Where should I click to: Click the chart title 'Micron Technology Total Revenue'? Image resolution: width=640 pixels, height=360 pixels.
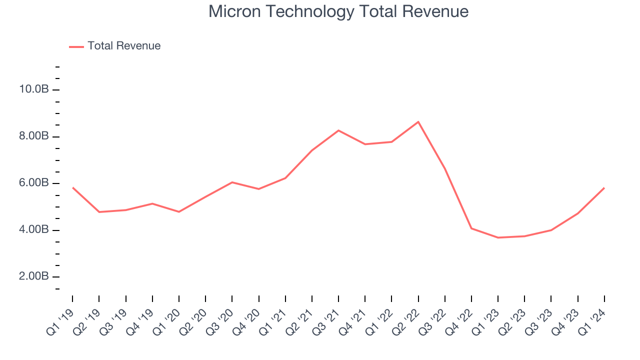click(338, 11)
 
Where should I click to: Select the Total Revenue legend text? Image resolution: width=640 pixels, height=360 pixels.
click(124, 46)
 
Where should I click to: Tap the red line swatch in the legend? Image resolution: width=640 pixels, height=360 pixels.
click(76, 46)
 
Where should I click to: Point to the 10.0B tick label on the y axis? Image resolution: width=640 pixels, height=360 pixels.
click(34, 89)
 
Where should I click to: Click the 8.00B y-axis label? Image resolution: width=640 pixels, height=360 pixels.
click(34, 136)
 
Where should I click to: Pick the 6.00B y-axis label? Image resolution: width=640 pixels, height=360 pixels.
click(34, 183)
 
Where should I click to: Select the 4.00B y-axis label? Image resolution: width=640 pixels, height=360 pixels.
click(34, 230)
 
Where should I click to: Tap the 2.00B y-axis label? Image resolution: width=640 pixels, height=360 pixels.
click(34, 276)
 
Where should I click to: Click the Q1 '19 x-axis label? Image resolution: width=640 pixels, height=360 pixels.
click(61, 320)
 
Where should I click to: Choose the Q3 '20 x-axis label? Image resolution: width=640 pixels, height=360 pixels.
click(220, 320)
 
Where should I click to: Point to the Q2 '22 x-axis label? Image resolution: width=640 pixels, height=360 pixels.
click(406, 320)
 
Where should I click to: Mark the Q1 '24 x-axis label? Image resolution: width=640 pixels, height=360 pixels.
click(592, 320)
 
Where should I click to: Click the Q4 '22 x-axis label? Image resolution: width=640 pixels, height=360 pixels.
click(460, 320)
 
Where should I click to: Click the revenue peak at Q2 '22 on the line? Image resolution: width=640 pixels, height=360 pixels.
click(418, 121)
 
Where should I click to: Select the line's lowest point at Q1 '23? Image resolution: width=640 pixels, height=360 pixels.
click(498, 237)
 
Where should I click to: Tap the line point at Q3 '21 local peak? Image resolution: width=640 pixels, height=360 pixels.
click(338, 130)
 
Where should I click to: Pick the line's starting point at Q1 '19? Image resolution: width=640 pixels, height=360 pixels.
click(72, 187)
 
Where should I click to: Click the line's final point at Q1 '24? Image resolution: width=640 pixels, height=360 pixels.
click(604, 188)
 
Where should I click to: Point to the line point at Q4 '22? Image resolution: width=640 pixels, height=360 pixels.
click(471, 228)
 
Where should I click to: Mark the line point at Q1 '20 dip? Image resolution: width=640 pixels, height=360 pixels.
click(179, 212)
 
